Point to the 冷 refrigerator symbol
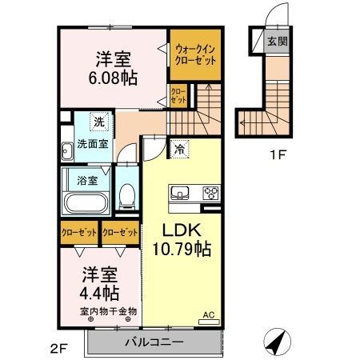181,148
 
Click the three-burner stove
211,193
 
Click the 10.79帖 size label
182,250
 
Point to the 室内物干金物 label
108,311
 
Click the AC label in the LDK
209,314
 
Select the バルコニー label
154,342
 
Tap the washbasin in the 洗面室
66,148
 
